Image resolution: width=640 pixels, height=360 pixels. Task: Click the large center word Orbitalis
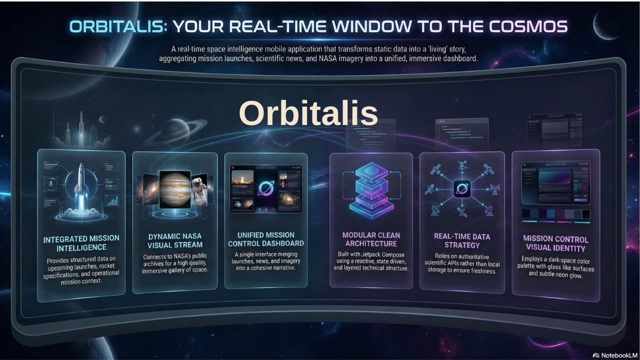(x=308, y=113)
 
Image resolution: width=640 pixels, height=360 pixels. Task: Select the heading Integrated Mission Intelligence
(x=81, y=243)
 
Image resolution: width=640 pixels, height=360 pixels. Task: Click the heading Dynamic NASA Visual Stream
(x=175, y=240)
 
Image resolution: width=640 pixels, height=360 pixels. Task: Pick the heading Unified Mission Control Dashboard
(x=266, y=239)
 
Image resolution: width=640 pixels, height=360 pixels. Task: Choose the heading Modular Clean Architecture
(x=370, y=239)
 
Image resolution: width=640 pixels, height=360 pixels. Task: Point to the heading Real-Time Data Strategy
(x=462, y=240)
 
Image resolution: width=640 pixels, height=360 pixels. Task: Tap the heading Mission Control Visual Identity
(x=555, y=243)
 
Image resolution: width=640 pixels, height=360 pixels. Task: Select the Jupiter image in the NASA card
(x=174, y=189)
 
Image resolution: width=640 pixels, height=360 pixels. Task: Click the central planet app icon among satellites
(x=462, y=189)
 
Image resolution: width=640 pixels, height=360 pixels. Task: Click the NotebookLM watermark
(x=615, y=354)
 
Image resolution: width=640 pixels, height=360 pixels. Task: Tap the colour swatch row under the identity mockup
(x=555, y=214)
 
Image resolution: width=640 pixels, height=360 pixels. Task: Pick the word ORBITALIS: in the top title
(x=118, y=26)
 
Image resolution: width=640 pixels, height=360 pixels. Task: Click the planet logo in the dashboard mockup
(x=265, y=188)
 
